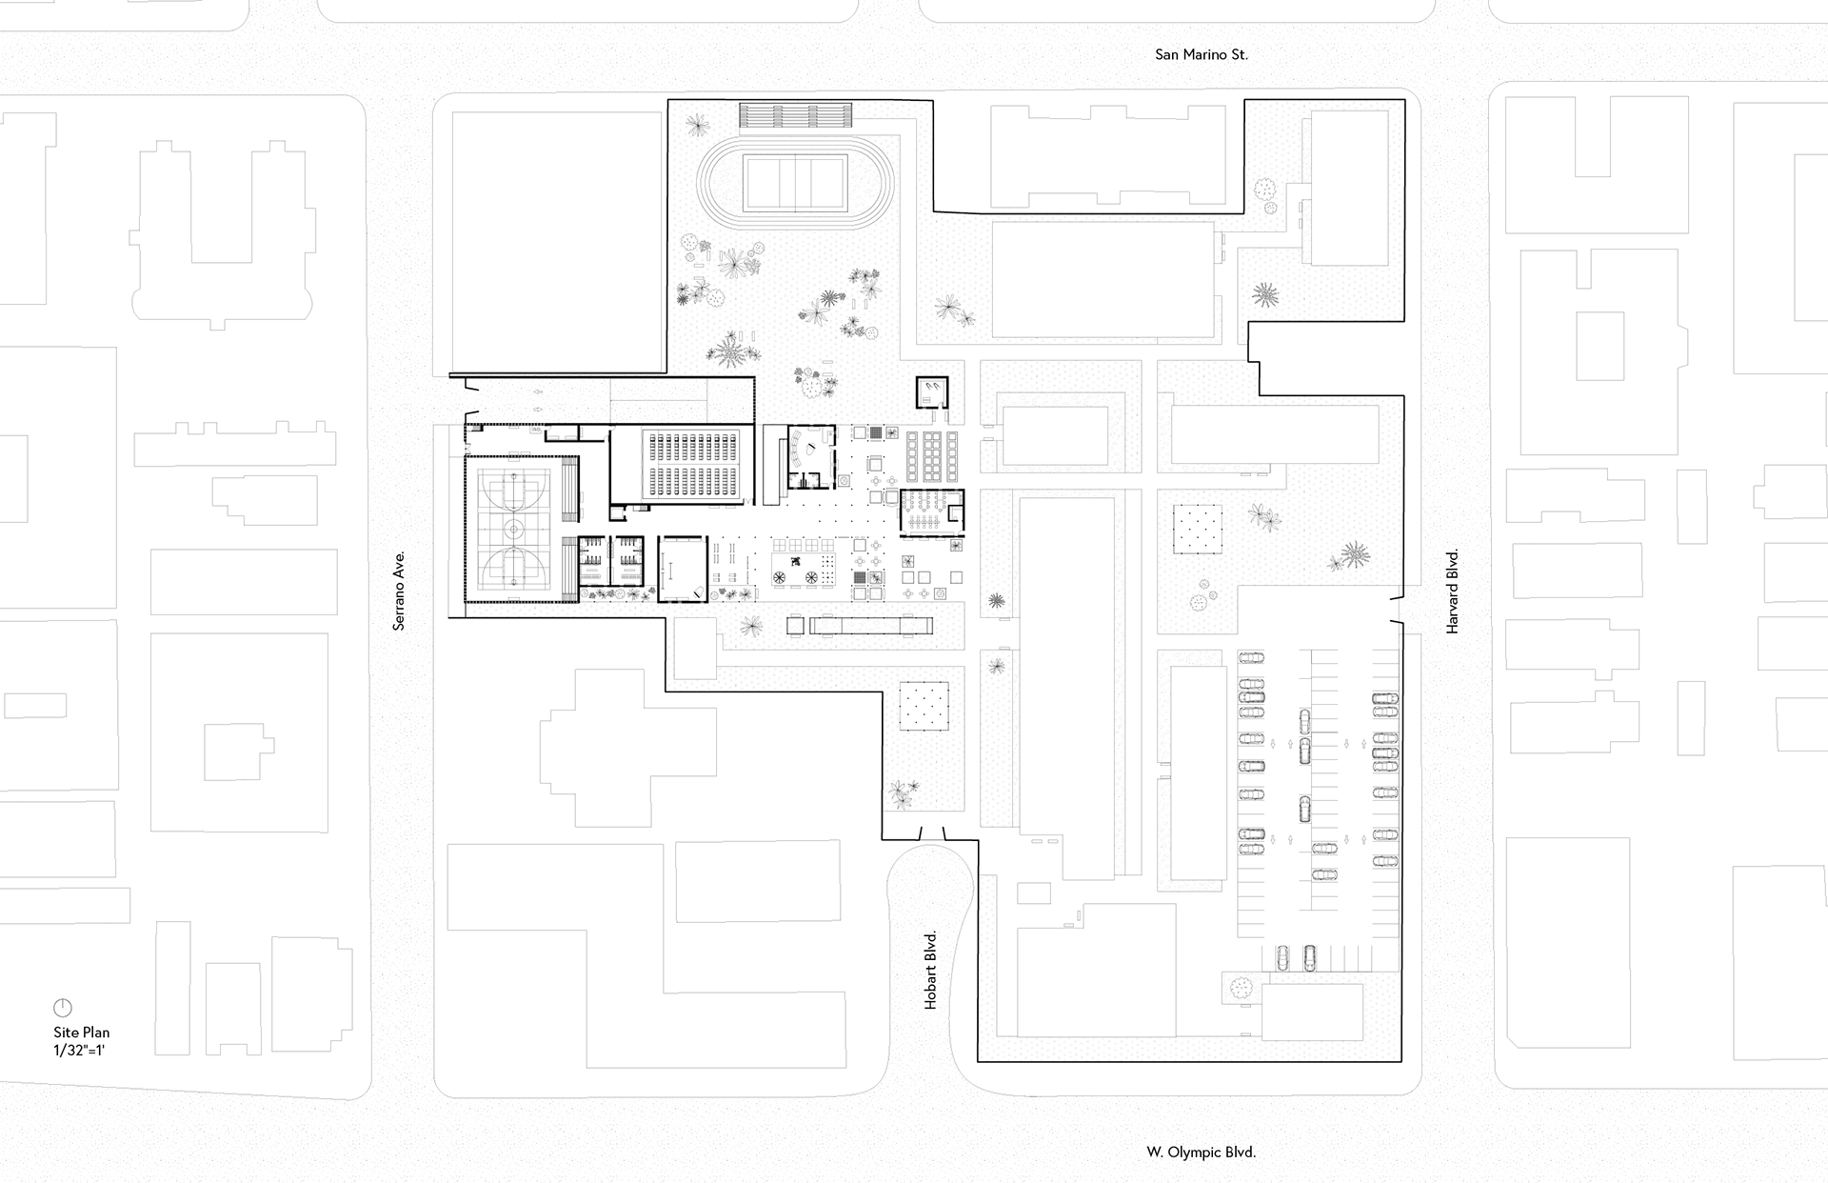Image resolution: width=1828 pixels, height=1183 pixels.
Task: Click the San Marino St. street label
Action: tap(1201, 55)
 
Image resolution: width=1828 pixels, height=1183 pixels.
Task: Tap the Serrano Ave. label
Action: tap(399, 590)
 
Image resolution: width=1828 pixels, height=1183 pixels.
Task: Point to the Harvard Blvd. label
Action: tap(1452, 591)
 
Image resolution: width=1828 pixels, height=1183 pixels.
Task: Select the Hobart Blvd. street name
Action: tap(931, 970)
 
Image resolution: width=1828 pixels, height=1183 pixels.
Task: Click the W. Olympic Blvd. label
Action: tap(1201, 1153)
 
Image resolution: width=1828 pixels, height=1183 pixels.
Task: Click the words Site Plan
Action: tap(82, 1033)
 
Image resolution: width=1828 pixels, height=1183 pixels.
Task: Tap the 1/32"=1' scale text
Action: tap(82, 1051)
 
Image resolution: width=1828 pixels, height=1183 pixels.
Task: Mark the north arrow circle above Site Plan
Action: tap(63, 1008)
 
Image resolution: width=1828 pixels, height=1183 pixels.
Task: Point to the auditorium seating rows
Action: tap(692, 464)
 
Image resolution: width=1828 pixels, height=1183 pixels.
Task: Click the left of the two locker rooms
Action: tap(592, 560)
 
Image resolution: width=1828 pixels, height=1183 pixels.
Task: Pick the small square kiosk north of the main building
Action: tap(932, 391)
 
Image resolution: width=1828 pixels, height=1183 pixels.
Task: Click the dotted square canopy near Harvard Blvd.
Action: tap(1198, 529)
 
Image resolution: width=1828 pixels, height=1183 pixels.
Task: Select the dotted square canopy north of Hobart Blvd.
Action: tap(924, 706)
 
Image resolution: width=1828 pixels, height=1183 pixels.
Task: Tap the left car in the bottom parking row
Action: tap(1282, 958)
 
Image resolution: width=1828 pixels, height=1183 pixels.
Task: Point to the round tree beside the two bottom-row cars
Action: tap(1241, 988)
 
